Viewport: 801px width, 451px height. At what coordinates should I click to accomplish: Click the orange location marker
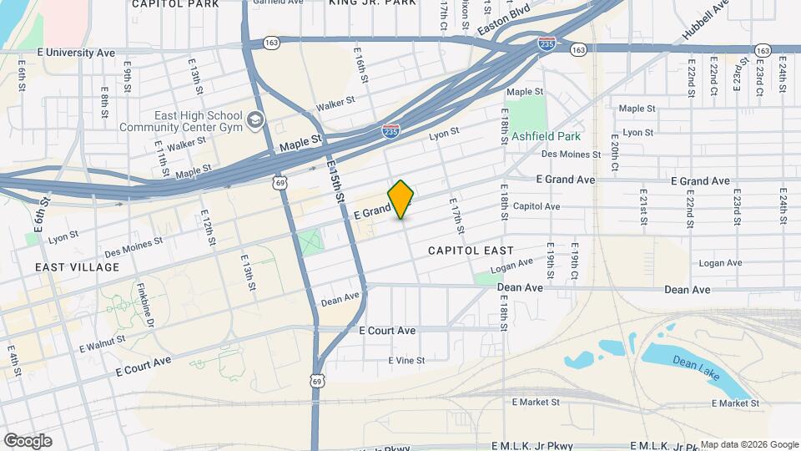(x=400, y=199)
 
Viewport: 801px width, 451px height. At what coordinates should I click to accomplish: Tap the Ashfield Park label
(x=546, y=135)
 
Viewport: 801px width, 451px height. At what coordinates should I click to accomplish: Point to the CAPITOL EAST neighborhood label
(x=470, y=251)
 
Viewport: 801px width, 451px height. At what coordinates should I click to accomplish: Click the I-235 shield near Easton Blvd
(x=547, y=43)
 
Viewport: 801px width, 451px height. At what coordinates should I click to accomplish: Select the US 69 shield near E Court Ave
(x=317, y=381)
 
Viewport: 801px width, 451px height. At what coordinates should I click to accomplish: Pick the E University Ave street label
(x=76, y=53)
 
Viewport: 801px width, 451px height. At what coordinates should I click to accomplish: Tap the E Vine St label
(x=406, y=361)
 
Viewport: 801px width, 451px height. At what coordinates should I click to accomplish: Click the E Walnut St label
(x=102, y=343)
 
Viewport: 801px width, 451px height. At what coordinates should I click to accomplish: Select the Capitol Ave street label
(x=537, y=206)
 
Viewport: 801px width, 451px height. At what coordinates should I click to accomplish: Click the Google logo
(x=28, y=441)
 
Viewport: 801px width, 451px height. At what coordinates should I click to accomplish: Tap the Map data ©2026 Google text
(x=749, y=444)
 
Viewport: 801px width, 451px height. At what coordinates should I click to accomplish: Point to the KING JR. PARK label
(x=372, y=3)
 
